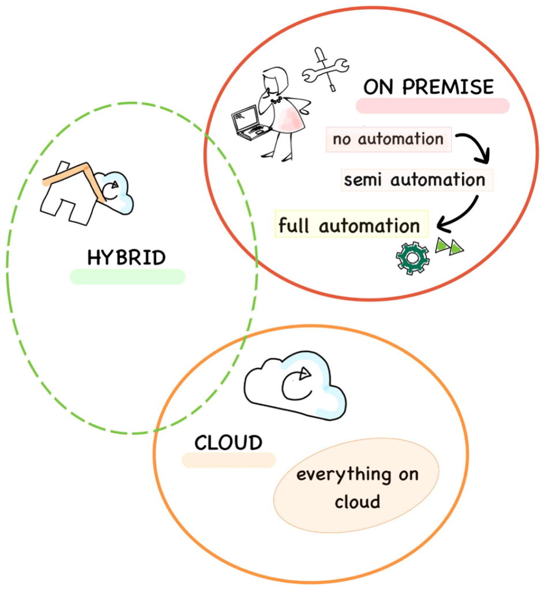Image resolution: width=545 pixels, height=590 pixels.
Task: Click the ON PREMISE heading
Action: [429, 87]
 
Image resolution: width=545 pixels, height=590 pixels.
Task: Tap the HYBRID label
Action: [126, 258]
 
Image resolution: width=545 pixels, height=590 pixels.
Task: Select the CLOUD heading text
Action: [228, 443]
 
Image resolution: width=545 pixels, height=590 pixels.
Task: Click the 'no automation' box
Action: [388, 139]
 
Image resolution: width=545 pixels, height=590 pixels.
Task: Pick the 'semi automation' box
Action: [415, 180]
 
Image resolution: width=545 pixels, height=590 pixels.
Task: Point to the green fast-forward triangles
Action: [449, 246]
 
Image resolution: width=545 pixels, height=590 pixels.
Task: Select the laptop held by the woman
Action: [247, 123]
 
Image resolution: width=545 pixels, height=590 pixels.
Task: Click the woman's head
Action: [274, 81]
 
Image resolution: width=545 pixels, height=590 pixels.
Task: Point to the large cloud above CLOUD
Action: [295, 384]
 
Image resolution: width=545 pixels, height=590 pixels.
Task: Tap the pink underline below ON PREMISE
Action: [433, 106]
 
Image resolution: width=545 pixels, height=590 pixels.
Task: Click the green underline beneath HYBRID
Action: [127, 277]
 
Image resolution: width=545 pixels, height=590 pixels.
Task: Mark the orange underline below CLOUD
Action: [228, 460]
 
